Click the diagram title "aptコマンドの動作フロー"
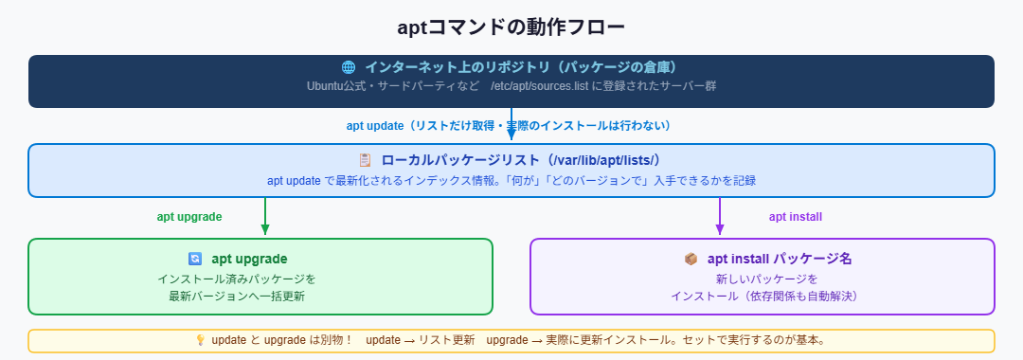coord(511,27)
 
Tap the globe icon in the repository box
coord(348,67)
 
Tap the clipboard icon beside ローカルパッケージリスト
coord(364,161)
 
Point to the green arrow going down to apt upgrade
coord(265,217)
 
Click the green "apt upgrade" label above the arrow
coord(189,216)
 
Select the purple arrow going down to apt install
coord(720,217)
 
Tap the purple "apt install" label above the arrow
coord(796,216)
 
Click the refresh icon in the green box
coord(195,259)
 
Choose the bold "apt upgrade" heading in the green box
coord(249,259)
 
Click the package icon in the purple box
coord(691,259)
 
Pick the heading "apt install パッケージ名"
coord(773,259)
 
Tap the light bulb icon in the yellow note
coord(200,339)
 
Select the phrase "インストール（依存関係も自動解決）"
coord(763,297)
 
